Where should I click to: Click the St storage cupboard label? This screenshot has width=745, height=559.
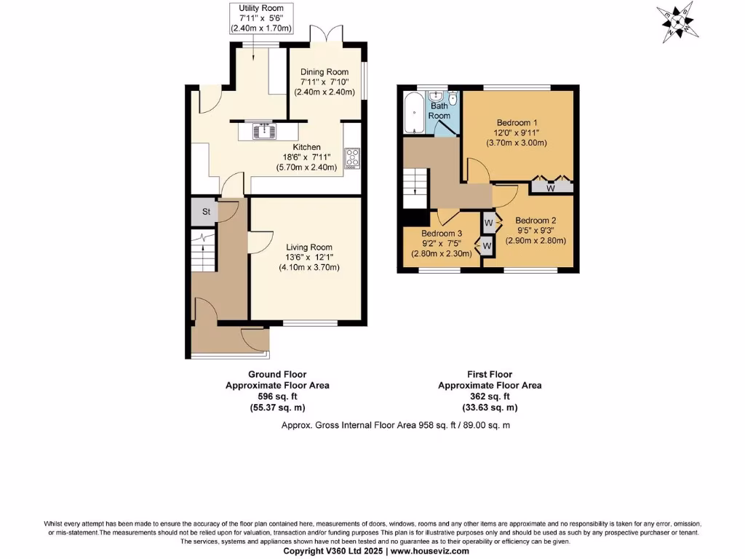pyautogui.click(x=206, y=212)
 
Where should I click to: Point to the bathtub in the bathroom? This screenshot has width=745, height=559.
pyautogui.click(x=413, y=113)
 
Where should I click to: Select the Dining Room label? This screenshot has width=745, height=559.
pyautogui.click(x=324, y=72)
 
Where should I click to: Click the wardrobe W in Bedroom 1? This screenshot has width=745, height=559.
pyautogui.click(x=550, y=188)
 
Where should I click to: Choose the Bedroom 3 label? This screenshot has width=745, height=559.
pyautogui.click(x=442, y=234)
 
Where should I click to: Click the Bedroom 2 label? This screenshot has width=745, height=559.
pyautogui.click(x=536, y=221)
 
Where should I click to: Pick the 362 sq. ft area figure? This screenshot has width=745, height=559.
pyautogui.click(x=489, y=397)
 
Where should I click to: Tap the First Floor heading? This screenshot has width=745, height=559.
pyautogui.click(x=489, y=375)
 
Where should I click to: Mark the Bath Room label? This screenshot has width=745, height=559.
pyautogui.click(x=439, y=111)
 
